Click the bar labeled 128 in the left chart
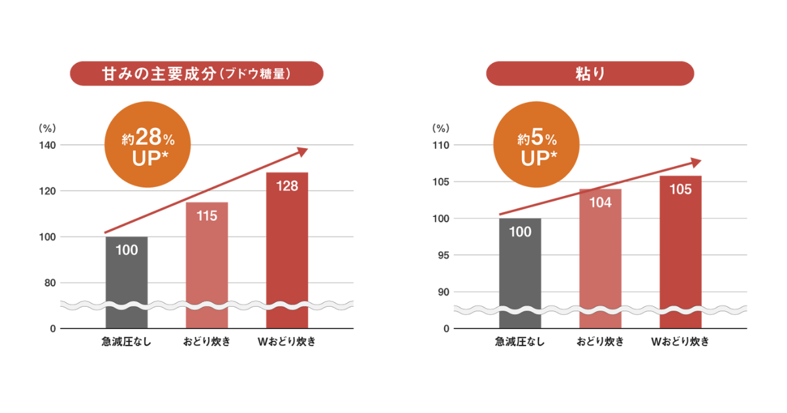(287, 249)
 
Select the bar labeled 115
(207, 262)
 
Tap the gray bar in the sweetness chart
(127, 282)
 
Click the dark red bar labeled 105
(680, 252)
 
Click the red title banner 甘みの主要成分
(197, 73)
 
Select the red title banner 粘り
(590, 73)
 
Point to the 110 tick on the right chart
(439, 145)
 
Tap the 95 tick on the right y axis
(442, 255)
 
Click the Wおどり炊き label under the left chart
(287, 342)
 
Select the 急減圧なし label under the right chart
(520, 342)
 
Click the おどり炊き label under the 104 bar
(600, 342)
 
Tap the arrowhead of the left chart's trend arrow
(302, 151)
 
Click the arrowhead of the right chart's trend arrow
(696, 161)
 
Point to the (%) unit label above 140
(48, 128)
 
